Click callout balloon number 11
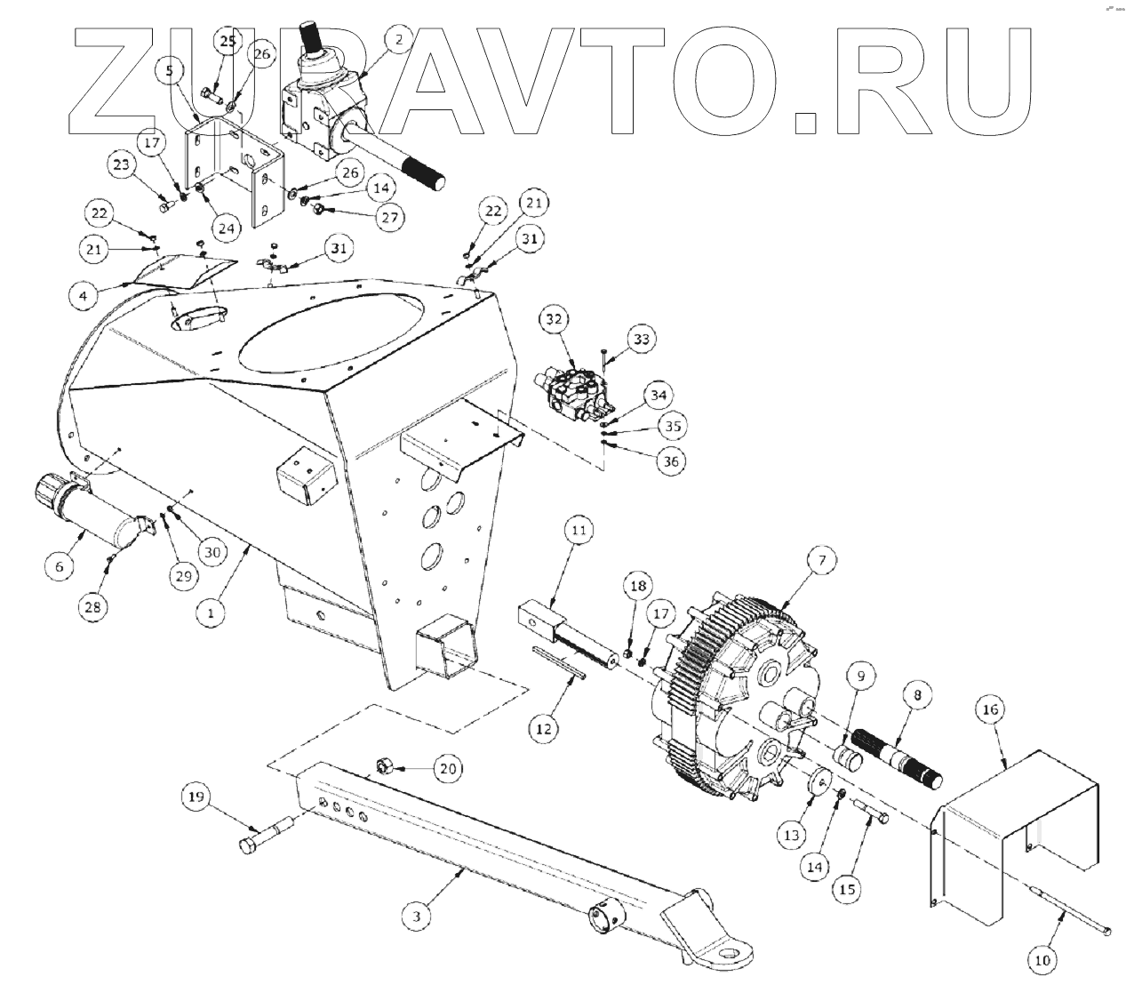[x=579, y=533]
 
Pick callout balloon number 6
[x=60, y=565]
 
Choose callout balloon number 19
[x=197, y=796]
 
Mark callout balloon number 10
[x=1043, y=960]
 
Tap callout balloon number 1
[x=211, y=613]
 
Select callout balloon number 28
[x=93, y=607]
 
